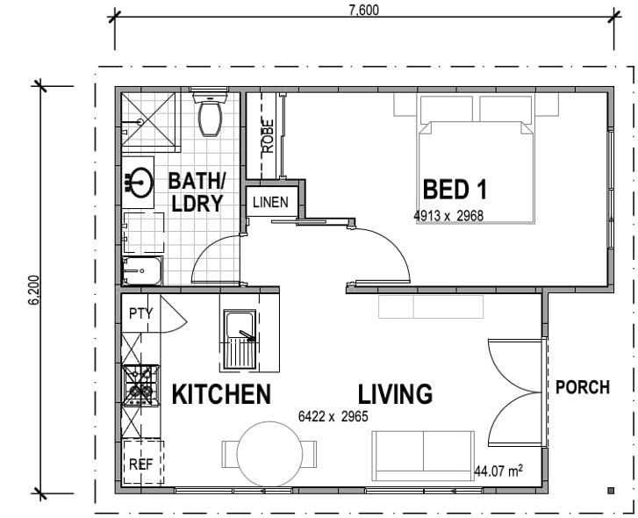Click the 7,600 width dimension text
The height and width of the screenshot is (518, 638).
tap(364, 11)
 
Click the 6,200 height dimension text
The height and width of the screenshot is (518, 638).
tap(34, 290)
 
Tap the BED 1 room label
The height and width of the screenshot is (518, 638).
tap(455, 190)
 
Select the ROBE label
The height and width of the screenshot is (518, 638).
tap(268, 136)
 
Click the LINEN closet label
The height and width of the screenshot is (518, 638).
tap(270, 202)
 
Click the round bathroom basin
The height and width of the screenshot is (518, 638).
tap(140, 183)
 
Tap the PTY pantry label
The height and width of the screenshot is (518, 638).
tap(140, 313)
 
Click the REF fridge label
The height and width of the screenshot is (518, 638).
tap(140, 464)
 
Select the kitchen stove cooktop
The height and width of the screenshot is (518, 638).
tap(140, 385)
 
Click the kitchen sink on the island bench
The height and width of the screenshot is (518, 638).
tap(240, 340)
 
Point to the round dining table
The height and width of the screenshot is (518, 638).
tap(269, 454)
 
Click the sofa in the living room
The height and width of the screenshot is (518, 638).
tap(423, 456)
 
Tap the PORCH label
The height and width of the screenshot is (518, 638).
tap(583, 387)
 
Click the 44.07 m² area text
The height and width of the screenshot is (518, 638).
tap(498, 471)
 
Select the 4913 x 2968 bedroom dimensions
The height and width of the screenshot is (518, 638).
tap(448, 216)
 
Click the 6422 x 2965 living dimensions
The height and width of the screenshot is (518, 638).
tap(333, 416)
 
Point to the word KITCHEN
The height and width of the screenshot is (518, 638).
tap(221, 394)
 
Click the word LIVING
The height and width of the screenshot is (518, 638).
tap(395, 394)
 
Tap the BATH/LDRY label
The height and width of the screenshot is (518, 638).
tap(197, 192)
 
